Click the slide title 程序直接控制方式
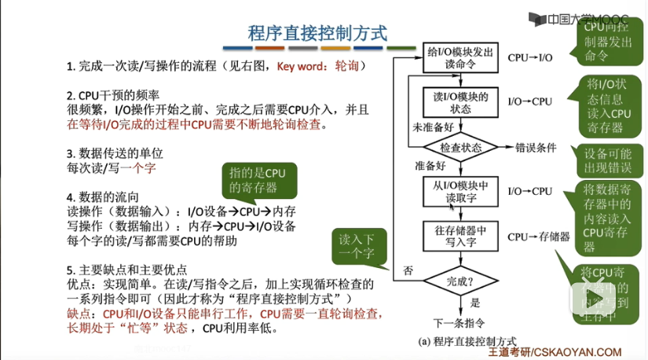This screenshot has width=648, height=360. click(x=317, y=33)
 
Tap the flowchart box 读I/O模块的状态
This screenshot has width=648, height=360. click(x=460, y=102)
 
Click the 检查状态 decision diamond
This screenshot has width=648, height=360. click(x=460, y=147)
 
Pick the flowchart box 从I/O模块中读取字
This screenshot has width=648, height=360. click(x=460, y=191)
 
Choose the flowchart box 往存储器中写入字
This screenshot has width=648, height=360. click(x=460, y=236)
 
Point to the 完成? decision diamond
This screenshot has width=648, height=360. click(x=460, y=280)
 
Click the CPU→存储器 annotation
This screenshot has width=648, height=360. click(x=538, y=236)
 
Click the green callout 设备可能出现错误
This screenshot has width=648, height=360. click(x=608, y=160)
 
